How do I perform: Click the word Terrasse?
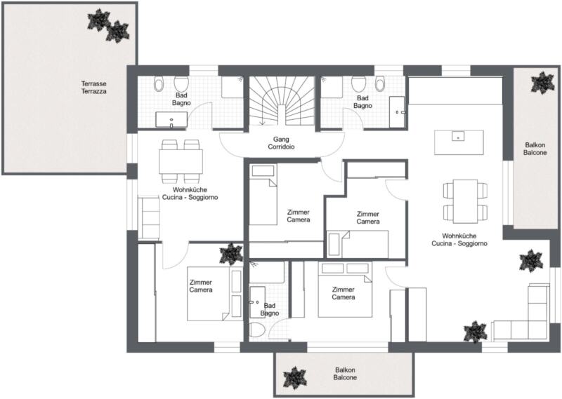coord(93,83)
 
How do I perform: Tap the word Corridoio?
coord(282,147)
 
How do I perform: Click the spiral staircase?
coord(282,101)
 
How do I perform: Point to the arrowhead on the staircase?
coord(262,123)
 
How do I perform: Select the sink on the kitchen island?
coord(458,136)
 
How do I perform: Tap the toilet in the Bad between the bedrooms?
coord(256,329)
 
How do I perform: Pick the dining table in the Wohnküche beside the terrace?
coord(181,161)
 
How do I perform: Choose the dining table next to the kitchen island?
coord(465,201)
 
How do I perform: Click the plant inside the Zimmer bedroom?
coord(231,254)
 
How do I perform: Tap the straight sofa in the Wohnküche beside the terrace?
coord(149,218)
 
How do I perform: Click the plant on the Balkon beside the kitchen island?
coord(542,83)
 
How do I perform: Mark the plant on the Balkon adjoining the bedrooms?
coord(295,377)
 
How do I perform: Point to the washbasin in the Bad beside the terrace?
coord(171,119)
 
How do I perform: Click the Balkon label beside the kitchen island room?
coord(535,149)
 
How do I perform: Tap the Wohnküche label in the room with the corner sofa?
coord(459,236)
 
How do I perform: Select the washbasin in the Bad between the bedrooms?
coord(257,302)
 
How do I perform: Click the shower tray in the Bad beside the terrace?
coord(233,86)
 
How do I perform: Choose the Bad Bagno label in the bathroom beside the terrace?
coord(181,99)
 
